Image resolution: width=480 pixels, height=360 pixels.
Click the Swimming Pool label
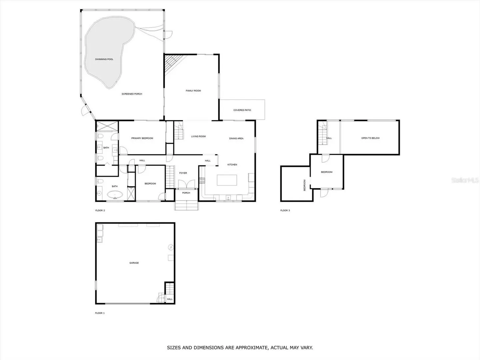coord(104,59)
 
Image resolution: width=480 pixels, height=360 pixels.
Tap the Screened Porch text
coord(132,94)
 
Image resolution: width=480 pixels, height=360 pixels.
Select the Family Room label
coord(193,91)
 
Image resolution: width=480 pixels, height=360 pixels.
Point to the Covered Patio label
coord(242,110)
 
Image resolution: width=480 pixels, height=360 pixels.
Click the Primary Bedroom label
coord(142,138)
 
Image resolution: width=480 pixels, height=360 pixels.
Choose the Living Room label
coord(198,136)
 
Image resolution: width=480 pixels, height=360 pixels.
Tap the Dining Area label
coord(236,138)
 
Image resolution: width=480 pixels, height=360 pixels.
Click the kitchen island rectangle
coord(227,180)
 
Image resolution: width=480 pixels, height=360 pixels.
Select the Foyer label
coord(183,173)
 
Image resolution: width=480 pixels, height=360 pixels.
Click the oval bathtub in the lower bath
coord(115,195)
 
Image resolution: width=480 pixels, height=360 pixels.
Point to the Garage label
coord(134,263)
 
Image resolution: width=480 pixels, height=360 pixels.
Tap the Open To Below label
coord(370,138)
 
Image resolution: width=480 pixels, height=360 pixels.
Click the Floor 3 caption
coord(285,210)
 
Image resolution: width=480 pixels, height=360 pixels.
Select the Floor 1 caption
coord(100,313)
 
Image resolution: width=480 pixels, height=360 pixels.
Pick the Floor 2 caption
coord(100,210)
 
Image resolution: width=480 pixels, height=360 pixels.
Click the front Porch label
coord(186,193)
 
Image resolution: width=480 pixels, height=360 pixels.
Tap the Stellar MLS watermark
coord(465,180)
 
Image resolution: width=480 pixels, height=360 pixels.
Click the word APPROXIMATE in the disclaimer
coord(251,347)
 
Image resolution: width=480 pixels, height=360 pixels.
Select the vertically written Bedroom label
coord(304,185)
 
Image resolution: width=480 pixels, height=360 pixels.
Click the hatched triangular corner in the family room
coord(173,63)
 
